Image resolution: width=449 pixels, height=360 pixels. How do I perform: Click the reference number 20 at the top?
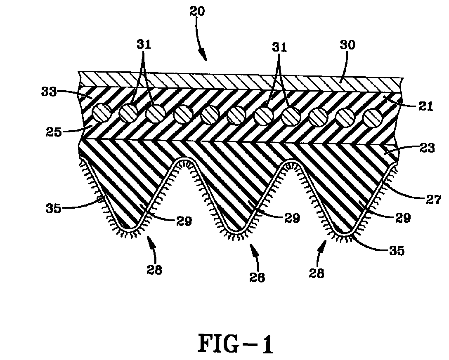click(x=197, y=12)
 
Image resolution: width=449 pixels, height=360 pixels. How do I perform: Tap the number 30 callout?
click(x=347, y=45)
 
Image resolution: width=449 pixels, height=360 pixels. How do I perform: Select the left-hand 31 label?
click(x=144, y=45)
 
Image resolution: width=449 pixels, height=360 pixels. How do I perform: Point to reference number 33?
click(x=49, y=92)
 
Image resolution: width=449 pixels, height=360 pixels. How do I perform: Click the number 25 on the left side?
click(x=54, y=132)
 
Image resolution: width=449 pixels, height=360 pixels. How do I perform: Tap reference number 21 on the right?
click(x=426, y=106)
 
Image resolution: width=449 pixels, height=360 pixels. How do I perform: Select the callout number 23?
click(x=427, y=148)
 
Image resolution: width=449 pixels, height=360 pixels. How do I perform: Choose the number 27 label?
click(x=434, y=199)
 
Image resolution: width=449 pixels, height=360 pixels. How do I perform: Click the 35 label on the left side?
click(x=54, y=208)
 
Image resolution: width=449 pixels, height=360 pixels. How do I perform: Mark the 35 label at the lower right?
click(x=397, y=251)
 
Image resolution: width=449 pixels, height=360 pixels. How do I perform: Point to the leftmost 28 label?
click(x=155, y=270)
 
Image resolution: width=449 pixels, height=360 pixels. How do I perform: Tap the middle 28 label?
click(x=257, y=277)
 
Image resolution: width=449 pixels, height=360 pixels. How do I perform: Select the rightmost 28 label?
click(x=317, y=273)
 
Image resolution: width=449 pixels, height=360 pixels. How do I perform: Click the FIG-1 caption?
click(x=236, y=344)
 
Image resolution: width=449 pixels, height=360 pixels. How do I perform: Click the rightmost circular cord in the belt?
click(x=373, y=118)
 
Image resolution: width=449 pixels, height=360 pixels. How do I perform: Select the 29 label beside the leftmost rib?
click(x=184, y=221)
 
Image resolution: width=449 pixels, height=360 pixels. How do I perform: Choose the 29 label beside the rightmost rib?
click(x=403, y=218)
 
